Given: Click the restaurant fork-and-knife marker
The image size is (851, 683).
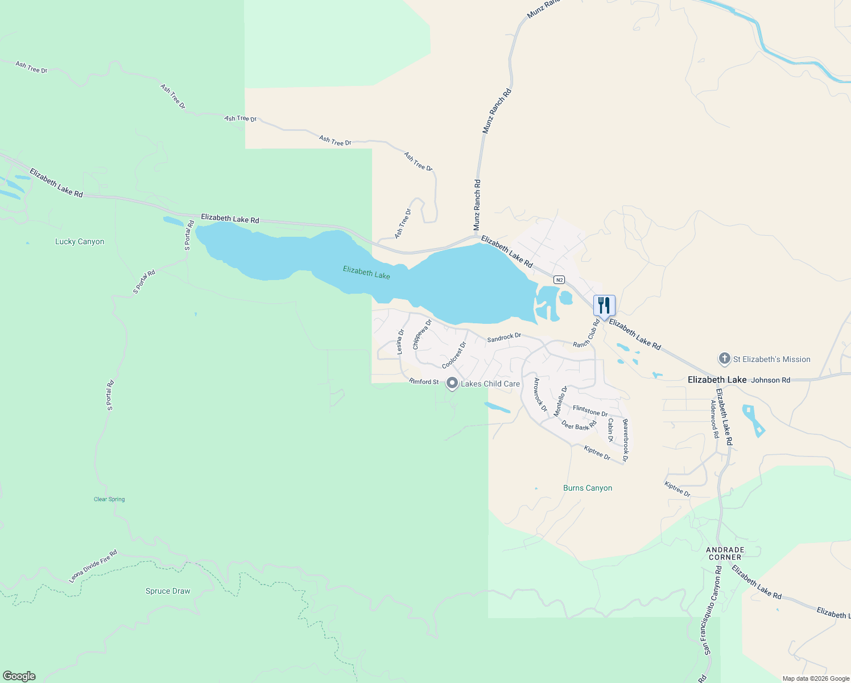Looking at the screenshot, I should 604,306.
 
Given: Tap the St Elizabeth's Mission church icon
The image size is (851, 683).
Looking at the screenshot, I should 724,359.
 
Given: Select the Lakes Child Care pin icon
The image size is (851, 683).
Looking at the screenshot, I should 452,384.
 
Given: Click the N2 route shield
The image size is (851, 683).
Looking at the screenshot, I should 560,279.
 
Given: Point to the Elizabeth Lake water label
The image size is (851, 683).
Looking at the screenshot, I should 366,272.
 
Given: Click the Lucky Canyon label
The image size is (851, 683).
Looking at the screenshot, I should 80,241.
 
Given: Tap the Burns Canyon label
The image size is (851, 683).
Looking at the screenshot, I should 588,488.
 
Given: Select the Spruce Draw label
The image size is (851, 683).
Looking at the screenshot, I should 168,591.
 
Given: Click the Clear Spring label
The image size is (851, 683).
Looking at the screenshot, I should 109,499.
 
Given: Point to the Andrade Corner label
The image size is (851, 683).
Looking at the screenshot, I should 725,553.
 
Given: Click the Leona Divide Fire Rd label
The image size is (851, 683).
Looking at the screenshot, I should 93,566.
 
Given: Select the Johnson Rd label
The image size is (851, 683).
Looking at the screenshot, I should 771,380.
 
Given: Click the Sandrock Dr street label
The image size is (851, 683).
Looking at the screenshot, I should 504,338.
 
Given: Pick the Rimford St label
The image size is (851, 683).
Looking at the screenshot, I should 424,381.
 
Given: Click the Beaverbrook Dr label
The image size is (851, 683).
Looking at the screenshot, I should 625,440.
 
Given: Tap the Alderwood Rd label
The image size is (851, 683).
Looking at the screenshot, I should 714,418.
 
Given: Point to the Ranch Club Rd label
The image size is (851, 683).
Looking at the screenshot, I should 586,334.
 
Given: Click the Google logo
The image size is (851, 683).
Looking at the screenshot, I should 19,676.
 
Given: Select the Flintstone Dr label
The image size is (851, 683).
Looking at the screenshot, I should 590,410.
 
